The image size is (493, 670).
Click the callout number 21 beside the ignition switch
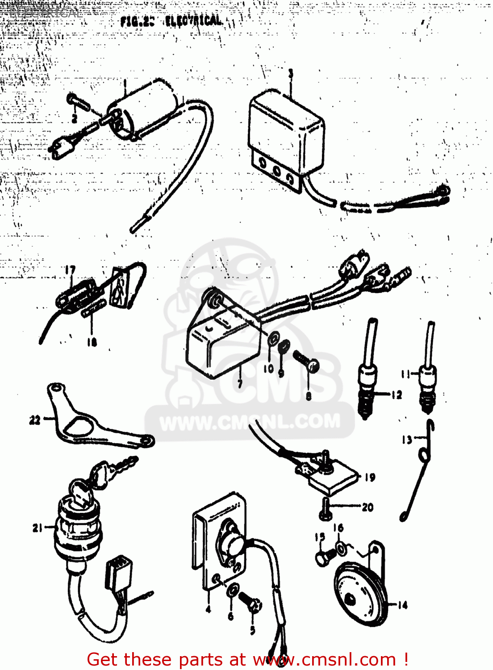38,528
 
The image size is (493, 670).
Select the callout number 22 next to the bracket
35,420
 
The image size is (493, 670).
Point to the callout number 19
370,477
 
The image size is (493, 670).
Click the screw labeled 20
325,509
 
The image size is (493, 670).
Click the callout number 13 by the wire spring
407,440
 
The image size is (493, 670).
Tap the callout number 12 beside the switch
396,395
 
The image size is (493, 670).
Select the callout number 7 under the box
240,383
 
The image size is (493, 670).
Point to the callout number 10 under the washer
268,368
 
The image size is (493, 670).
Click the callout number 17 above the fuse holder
70,270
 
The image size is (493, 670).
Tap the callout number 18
92,342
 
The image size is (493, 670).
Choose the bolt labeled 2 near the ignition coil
79,104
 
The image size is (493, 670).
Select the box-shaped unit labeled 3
286,134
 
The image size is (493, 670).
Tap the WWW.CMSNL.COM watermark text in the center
250,422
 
